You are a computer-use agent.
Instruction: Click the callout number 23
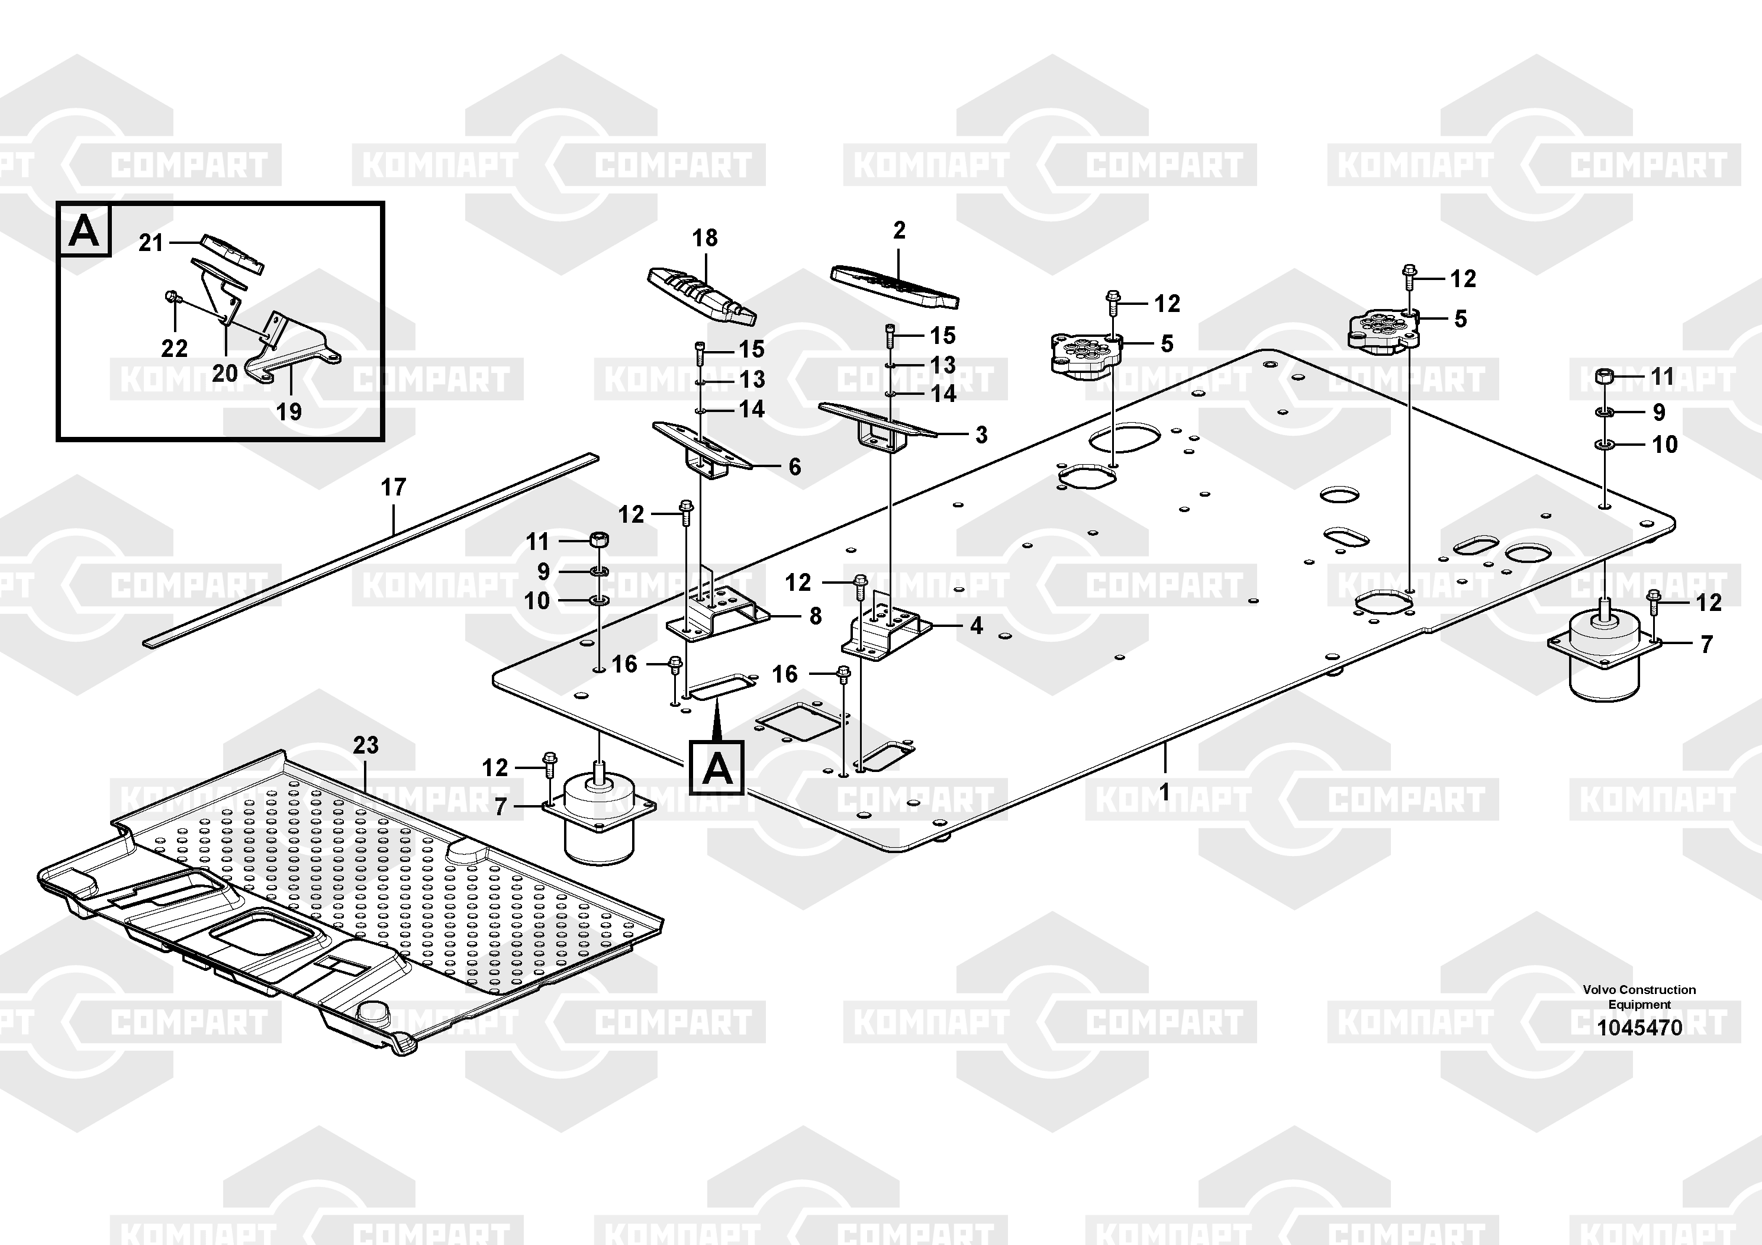click(x=365, y=745)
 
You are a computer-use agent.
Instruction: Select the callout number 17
click(x=393, y=487)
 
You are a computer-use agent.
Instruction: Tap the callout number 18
click(x=704, y=238)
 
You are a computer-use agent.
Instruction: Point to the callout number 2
click(x=900, y=230)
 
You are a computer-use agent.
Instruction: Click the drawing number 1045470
click(x=1639, y=1028)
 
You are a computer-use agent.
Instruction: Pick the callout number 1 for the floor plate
click(x=1164, y=792)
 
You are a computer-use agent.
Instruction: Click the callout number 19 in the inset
click(x=289, y=411)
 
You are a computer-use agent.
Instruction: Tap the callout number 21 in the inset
click(x=150, y=243)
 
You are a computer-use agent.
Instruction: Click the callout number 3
click(x=981, y=435)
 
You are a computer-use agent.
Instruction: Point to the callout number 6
click(x=794, y=467)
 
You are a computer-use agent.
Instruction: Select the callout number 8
click(x=815, y=616)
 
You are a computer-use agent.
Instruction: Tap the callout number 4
click(x=976, y=626)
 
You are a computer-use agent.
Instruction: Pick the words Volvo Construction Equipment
click(x=1639, y=997)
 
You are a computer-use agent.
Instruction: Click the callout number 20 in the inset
click(x=224, y=374)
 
